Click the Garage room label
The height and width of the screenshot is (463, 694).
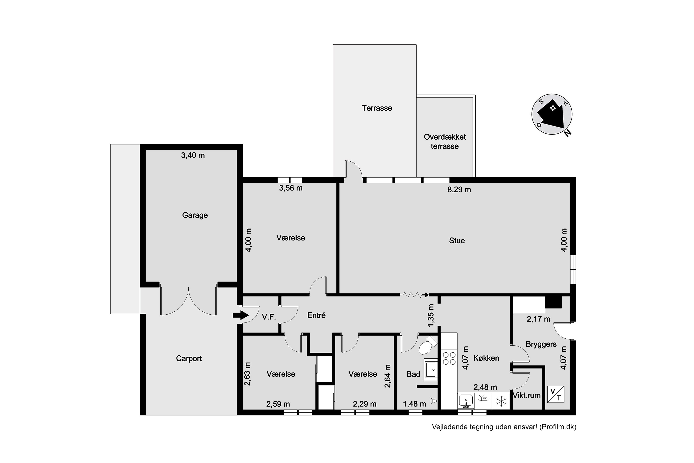195,215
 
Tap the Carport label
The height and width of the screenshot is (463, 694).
189,358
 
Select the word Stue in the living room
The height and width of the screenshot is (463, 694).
457,241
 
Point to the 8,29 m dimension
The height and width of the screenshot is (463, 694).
459,190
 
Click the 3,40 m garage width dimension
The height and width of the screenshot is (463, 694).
193,155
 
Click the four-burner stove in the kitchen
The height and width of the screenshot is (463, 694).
449,358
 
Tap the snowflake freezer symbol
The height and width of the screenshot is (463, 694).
501,401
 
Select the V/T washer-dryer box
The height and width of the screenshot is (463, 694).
556,394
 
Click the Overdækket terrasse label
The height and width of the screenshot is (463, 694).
445,141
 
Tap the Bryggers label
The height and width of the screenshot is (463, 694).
541,344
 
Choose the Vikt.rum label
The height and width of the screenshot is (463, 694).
527,395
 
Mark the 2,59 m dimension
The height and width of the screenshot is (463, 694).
278,404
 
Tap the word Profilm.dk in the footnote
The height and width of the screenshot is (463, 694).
558,427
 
